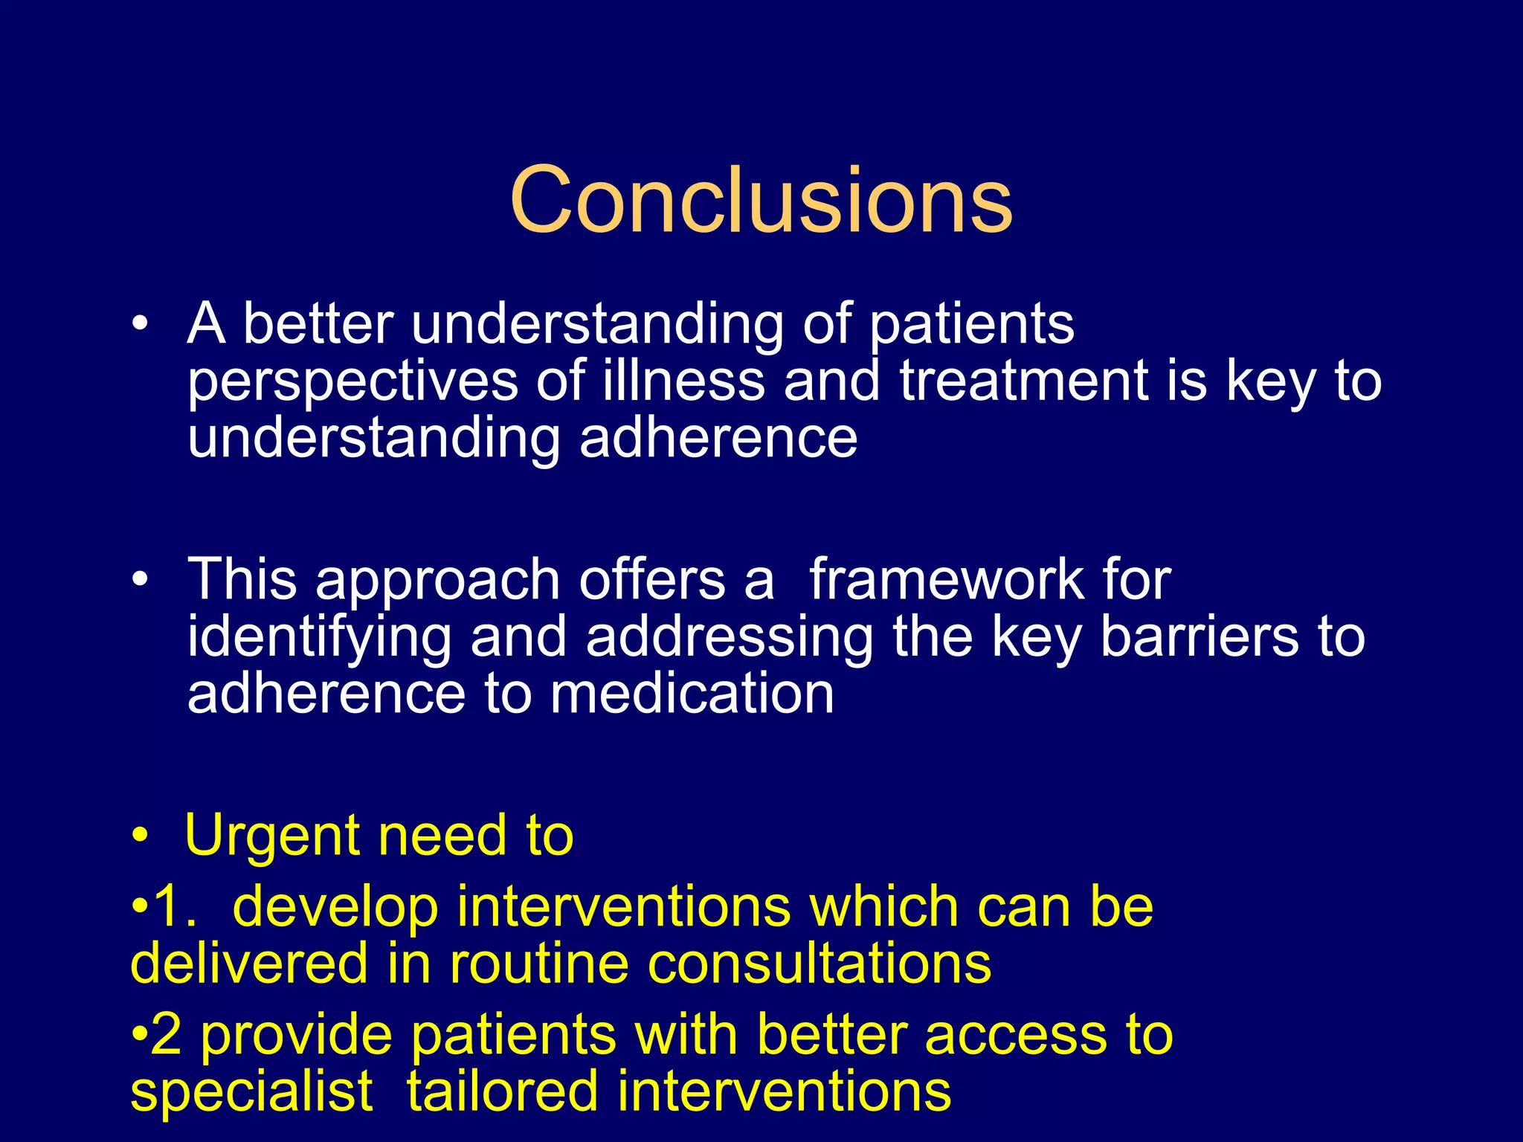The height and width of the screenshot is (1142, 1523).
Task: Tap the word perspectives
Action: coord(352,382)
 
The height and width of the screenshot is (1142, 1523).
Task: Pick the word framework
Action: coord(946,579)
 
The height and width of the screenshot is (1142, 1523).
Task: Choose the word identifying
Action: coord(319,638)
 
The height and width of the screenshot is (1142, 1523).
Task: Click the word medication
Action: coord(692,694)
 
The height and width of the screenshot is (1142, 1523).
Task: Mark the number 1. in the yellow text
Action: coord(175,906)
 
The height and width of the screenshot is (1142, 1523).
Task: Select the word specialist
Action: coord(251,1092)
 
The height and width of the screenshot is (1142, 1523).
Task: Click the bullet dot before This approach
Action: coord(140,579)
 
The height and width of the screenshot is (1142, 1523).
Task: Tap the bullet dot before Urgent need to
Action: coord(140,836)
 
